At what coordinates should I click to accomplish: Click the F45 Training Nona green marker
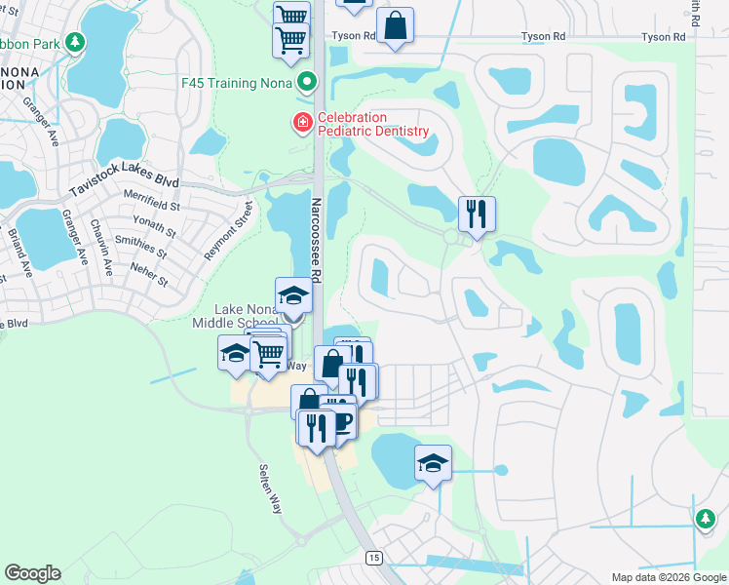[x=307, y=82]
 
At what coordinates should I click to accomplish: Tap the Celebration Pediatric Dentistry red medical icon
[x=301, y=124]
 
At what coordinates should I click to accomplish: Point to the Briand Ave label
[x=16, y=251]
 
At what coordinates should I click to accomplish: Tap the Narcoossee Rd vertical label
[x=316, y=245]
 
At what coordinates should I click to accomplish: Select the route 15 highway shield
[x=373, y=557]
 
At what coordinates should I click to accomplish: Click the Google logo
[x=32, y=573]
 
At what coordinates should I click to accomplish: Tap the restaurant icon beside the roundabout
[x=477, y=214]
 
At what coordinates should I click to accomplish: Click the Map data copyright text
[x=668, y=577]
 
